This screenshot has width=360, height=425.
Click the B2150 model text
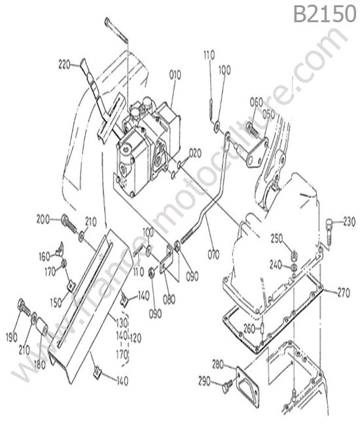325,14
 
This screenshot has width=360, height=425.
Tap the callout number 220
64,65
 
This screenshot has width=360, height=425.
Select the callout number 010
175,75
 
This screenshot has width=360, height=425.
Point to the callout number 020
195,154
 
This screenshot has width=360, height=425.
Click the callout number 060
257,103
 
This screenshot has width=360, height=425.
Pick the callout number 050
268,114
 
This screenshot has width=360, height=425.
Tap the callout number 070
213,254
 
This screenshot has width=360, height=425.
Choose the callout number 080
169,299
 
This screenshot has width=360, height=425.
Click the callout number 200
43,219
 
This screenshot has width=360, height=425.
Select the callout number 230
349,222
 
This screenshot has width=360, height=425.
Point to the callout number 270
344,292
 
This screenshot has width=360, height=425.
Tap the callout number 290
204,381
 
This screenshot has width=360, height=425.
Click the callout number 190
12,337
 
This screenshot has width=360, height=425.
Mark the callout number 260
249,329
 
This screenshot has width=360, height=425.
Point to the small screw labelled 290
227,386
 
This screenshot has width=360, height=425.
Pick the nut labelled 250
294,255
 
